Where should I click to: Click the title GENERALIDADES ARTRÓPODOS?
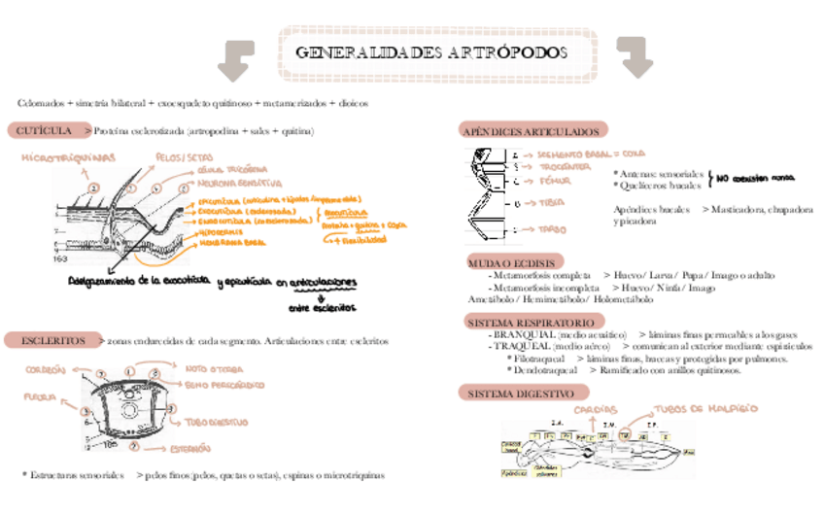[430, 52]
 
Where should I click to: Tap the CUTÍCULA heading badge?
[41, 130]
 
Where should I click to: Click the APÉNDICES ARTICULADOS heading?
[532, 130]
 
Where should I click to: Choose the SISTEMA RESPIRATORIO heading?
[530, 321]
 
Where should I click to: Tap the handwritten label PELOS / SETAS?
[184, 157]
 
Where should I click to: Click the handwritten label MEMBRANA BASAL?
[232, 242]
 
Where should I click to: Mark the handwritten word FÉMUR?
[556, 181]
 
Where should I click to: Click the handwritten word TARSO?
[553, 229]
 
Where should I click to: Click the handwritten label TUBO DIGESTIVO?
[215, 423]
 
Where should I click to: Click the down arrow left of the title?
[234, 59]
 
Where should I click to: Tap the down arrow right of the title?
[635, 58]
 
